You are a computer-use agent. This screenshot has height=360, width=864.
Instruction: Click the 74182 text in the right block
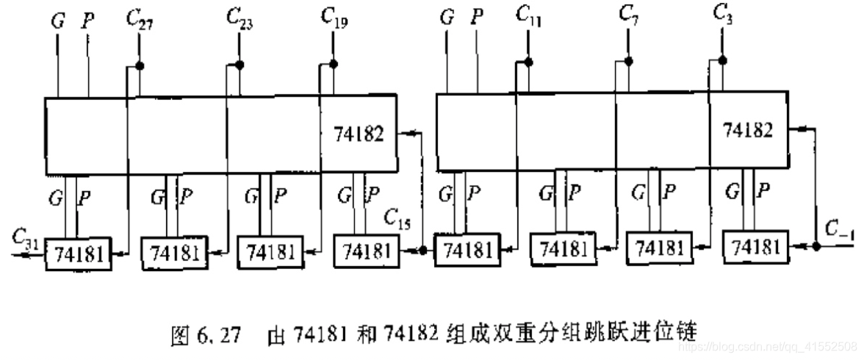748,130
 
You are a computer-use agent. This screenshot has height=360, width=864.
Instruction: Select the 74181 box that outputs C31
76,253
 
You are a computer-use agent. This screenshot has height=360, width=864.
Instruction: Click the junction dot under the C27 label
138,66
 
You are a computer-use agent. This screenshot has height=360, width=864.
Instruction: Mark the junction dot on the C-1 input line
817,247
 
